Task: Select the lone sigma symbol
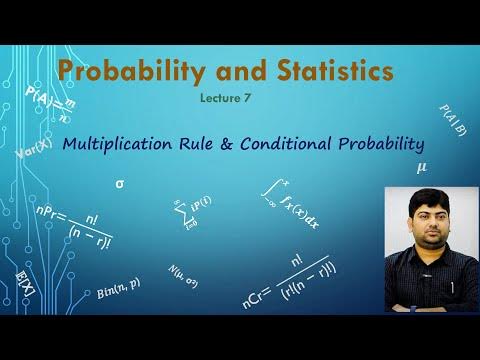click(121, 184)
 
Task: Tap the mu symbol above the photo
click(421, 167)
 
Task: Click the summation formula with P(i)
click(191, 212)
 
